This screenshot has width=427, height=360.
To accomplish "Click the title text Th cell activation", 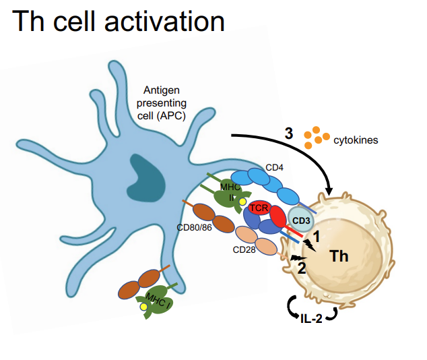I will click(x=118, y=22).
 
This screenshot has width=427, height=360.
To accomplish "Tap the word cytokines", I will click(x=356, y=140).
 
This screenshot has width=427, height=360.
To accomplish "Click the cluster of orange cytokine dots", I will click(x=313, y=137).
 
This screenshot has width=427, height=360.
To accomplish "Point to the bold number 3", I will click(x=288, y=133).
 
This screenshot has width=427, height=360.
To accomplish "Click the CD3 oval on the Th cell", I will click(x=300, y=220).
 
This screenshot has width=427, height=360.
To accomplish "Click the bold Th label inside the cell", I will click(x=339, y=256).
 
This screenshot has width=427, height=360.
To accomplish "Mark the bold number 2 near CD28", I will click(x=302, y=267).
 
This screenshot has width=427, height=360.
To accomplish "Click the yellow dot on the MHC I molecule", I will click(x=143, y=307).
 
